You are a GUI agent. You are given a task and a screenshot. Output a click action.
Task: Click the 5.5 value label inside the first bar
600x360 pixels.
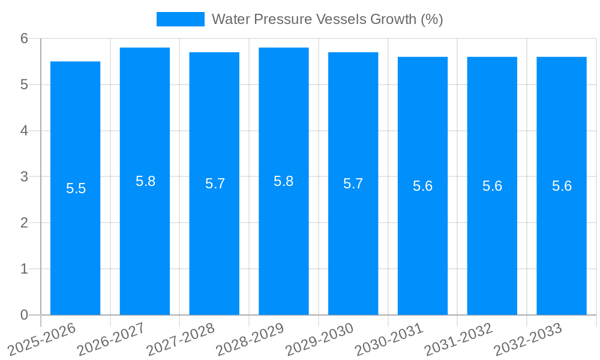tap(76, 188)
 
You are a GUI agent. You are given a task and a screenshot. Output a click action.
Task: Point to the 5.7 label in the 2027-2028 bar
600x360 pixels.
tap(215, 184)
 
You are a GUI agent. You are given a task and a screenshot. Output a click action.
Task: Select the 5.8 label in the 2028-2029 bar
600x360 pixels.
tap(283, 181)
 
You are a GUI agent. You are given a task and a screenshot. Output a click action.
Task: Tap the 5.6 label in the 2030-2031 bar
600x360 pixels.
tap(422, 186)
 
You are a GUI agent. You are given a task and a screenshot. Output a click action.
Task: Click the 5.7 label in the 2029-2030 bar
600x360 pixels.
tap(353, 184)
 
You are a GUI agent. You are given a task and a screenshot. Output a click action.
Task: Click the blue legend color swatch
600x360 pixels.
tap(180, 19)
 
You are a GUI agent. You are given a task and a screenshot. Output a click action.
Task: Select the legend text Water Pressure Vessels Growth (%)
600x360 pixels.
tap(327, 19)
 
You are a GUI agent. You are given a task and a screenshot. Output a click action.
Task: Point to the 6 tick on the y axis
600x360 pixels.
tap(25, 38)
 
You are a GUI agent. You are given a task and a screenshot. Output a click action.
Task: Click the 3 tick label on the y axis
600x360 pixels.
tap(25, 177)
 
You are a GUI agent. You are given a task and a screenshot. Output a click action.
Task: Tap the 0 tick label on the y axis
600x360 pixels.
tap(25, 315)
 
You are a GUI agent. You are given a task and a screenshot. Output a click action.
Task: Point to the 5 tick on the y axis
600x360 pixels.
tap(25, 85)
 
